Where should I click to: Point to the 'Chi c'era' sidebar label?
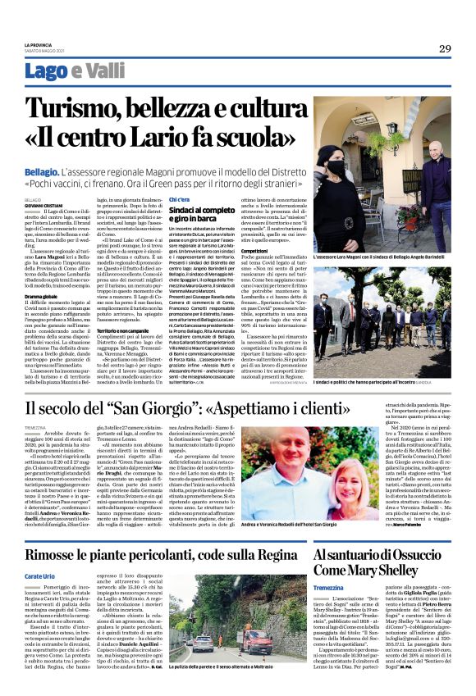(178, 199)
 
